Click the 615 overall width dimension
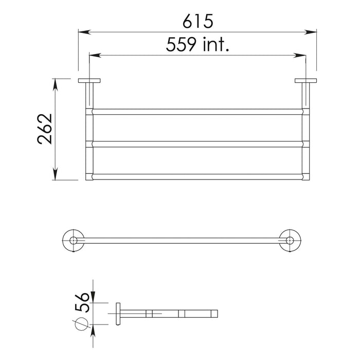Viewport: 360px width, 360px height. [x=197, y=21]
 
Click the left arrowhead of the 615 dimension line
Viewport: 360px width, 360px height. [x=82, y=32]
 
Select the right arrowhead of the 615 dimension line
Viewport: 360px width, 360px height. [x=311, y=32]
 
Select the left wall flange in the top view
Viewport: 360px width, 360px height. [x=89, y=80]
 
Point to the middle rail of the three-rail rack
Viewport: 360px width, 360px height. [x=197, y=143]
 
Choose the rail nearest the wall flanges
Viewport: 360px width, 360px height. [x=197, y=112]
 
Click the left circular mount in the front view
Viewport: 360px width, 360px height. [x=74, y=240]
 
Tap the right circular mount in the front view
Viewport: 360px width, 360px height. [x=290, y=240]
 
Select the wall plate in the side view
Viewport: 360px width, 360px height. [x=118, y=313]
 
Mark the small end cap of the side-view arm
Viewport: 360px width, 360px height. [x=217, y=313]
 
